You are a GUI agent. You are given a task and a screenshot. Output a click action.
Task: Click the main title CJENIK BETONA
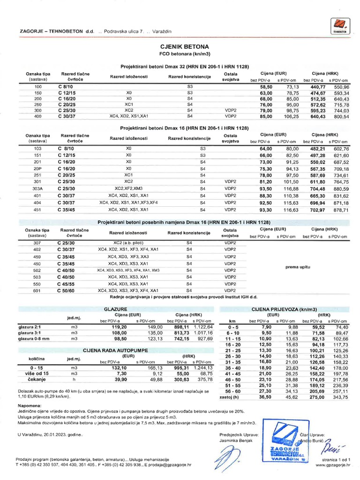point(180,47)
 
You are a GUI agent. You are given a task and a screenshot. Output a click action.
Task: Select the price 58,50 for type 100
point(266,87)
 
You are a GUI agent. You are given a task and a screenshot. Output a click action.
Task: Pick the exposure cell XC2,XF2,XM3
point(128,188)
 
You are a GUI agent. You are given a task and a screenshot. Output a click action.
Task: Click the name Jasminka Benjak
point(239,442)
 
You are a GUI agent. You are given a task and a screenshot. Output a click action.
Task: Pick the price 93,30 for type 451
point(266,210)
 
